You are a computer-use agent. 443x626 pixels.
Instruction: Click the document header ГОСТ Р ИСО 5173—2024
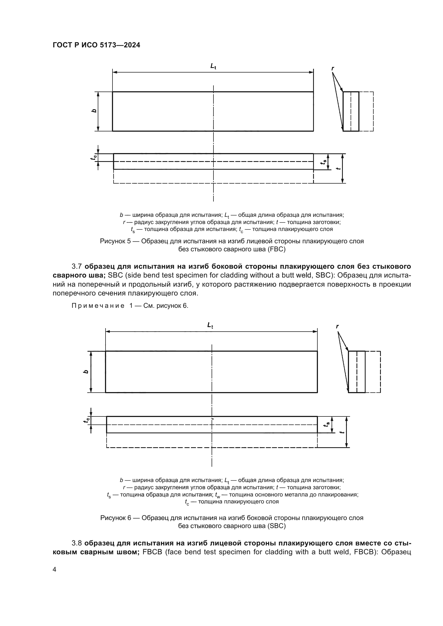96,45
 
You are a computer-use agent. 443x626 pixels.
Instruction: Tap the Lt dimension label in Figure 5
213,66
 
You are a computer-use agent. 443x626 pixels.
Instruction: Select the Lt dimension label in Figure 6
210,325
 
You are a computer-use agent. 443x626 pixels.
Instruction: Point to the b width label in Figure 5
94,111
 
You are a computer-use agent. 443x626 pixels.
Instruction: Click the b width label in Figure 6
86,372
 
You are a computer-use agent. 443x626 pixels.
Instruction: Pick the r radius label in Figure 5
333,68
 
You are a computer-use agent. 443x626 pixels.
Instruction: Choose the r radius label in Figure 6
337,326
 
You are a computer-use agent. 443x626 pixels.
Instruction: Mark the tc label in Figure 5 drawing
94,157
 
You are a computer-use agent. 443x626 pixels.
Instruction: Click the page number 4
54,570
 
